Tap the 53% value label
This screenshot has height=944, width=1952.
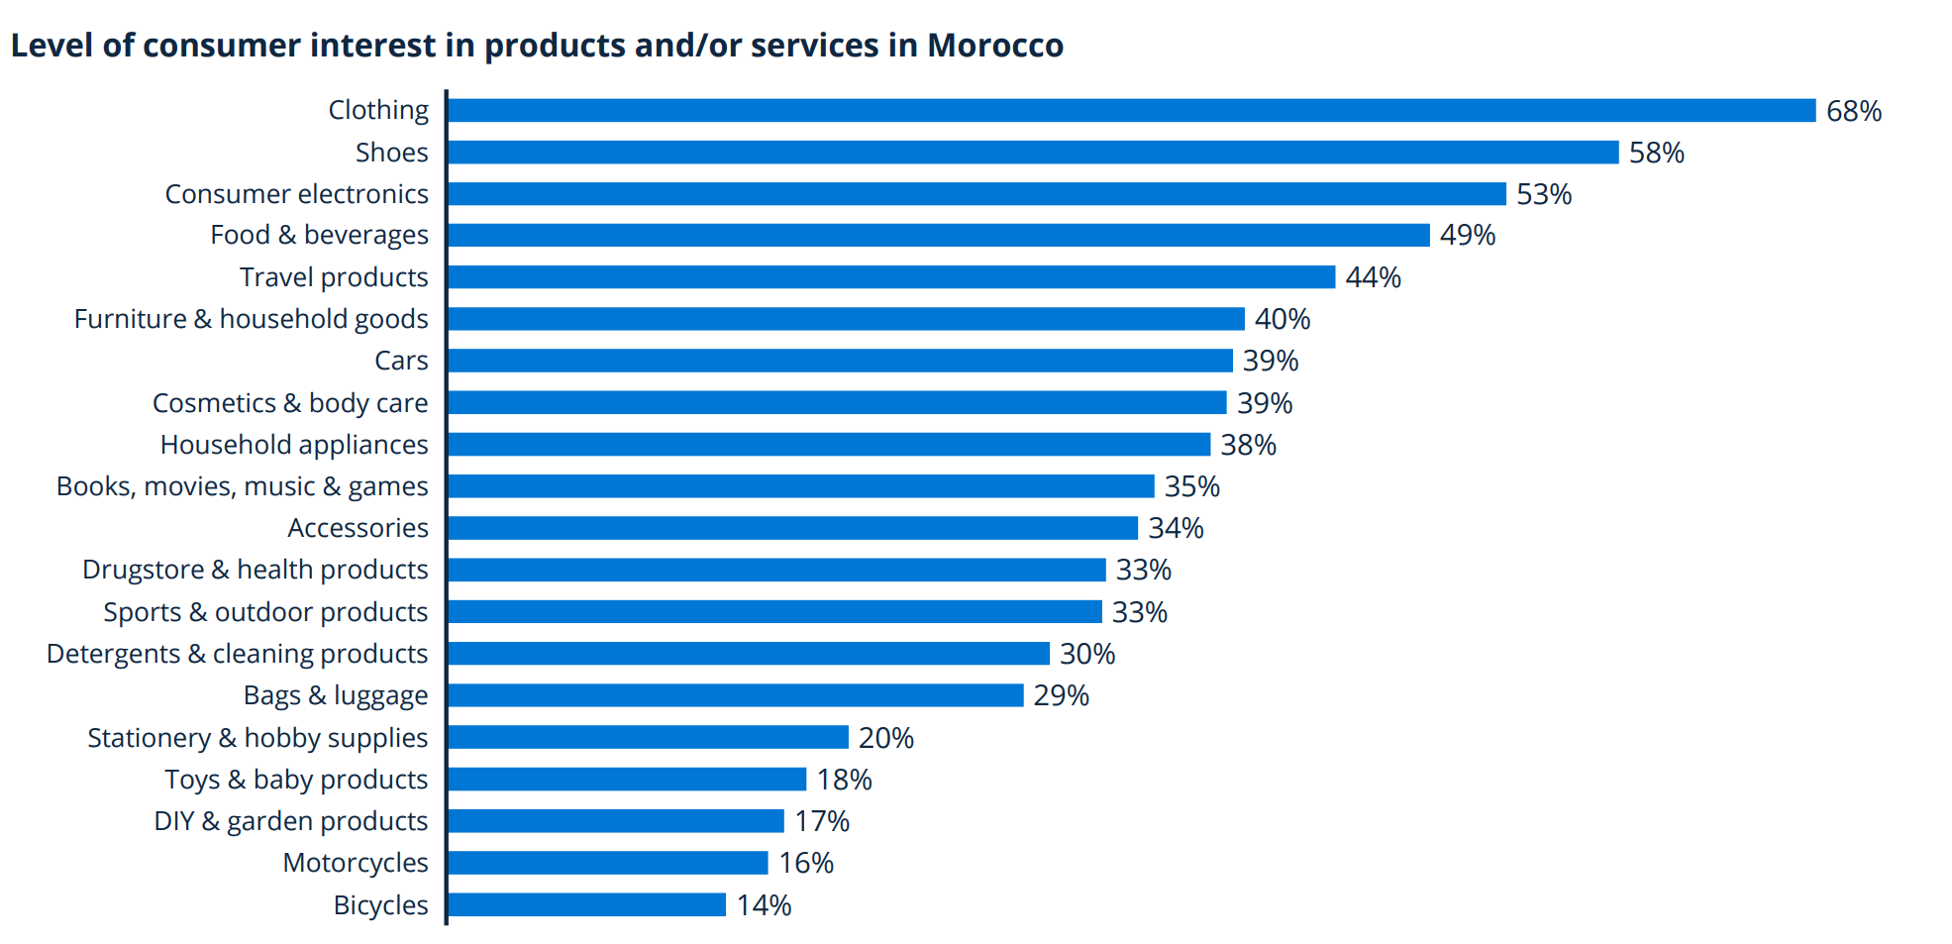(x=1543, y=194)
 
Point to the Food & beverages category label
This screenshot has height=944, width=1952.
(x=319, y=236)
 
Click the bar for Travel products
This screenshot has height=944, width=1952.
(x=890, y=277)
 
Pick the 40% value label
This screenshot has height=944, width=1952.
(x=1282, y=319)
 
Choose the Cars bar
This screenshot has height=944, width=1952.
(x=840, y=361)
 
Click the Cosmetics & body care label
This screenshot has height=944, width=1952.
(x=290, y=403)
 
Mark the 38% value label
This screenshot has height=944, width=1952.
(x=1248, y=445)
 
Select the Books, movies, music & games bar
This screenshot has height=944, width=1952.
(x=800, y=486)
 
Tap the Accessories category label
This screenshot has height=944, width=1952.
(x=358, y=528)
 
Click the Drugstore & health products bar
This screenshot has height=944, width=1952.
(x=776, y=570)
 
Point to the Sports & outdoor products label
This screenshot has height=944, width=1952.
(x=265, y=612)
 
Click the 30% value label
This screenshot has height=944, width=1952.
(x=1086, y=654)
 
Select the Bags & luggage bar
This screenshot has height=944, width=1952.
(x=735, y=695)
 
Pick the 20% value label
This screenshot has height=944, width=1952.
(x=885, y=738)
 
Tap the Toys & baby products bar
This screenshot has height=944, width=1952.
(x=627, y=780)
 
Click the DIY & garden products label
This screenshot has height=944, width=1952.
(x=290, y=821)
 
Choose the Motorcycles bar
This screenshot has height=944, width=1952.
(x=607, y=863)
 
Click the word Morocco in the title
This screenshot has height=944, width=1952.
(x=994, y=46)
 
